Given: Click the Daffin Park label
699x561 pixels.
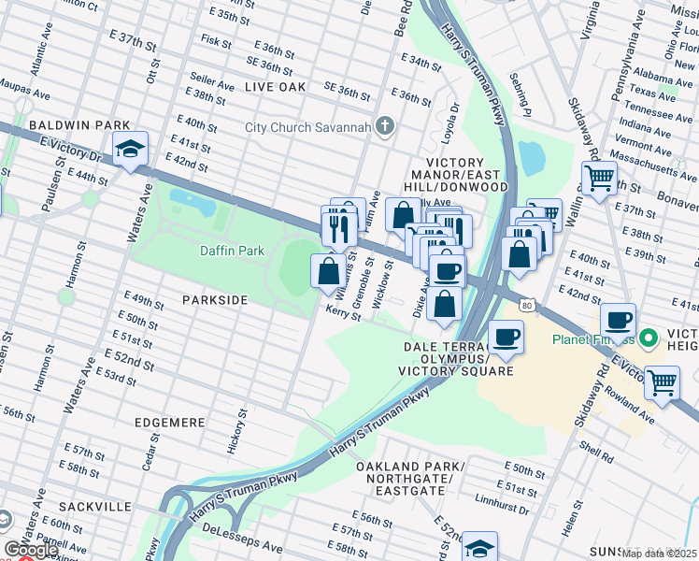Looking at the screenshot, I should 233,251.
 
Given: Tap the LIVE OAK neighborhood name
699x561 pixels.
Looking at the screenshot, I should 276,86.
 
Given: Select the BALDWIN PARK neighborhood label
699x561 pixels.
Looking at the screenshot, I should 64,124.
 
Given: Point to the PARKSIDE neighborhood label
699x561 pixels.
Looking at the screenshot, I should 216,300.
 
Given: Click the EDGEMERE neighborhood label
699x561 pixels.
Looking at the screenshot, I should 169,423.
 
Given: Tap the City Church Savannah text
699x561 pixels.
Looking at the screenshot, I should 309,127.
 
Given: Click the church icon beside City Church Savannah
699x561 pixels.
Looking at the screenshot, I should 385,126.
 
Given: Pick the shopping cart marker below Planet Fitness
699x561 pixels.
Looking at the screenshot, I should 662,381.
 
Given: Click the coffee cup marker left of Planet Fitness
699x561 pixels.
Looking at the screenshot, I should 618,322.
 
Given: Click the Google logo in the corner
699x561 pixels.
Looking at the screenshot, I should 31,551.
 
